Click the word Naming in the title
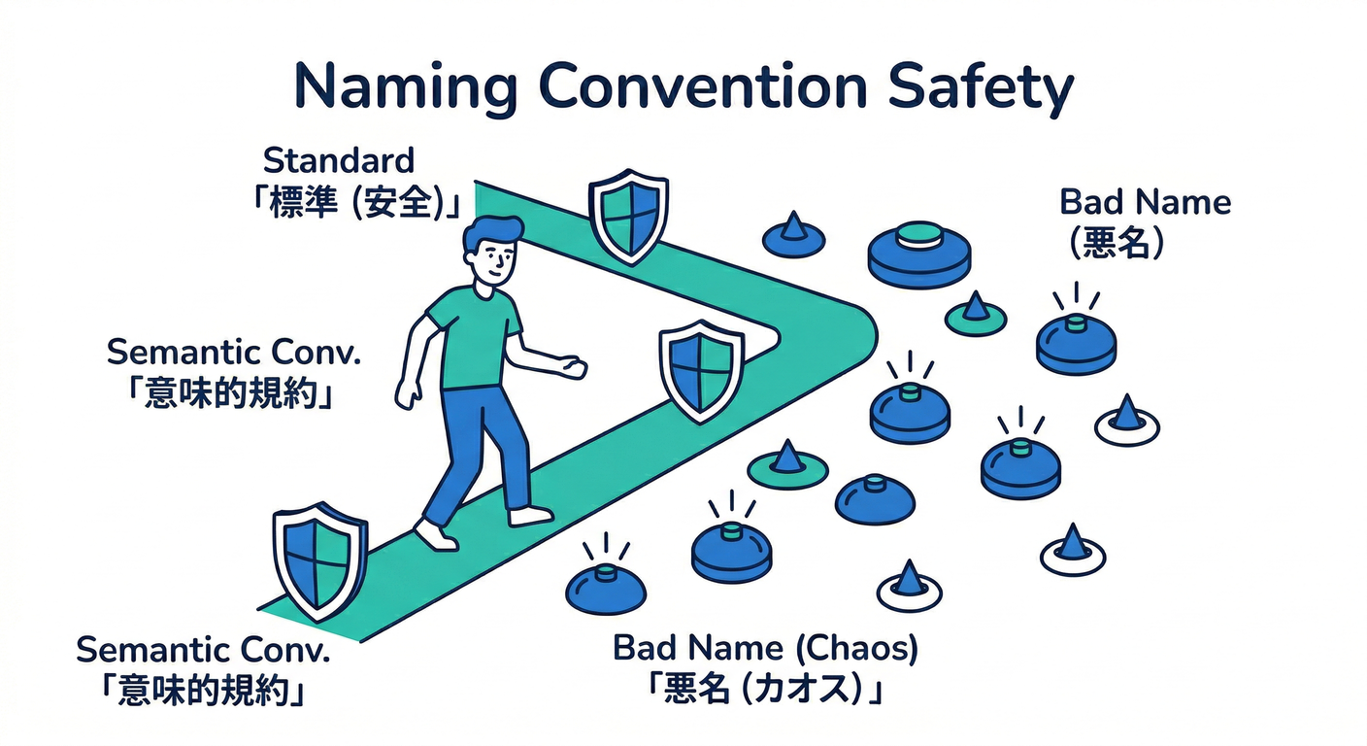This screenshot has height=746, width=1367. click(x=405, y=87)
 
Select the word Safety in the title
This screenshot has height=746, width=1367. click(x=980, y=87)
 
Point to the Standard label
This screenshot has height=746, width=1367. click(x=339, y=160)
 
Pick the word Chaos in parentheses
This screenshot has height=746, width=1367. click(x=857, y=648)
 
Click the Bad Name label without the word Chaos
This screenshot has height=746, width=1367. click(x=1145, y=202)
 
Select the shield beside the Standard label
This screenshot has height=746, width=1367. click(x=628, y=216)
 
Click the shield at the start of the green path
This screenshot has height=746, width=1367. click(x=319, y=560)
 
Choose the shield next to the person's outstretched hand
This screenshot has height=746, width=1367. click(x=702, y=371)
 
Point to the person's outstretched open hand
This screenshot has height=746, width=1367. click(x=574, y=367)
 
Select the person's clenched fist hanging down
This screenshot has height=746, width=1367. click(x=407, y=393)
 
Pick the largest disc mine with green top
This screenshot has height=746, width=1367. click(x=919, y=254)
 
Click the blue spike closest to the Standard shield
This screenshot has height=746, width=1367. click(x=793, y=226)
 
